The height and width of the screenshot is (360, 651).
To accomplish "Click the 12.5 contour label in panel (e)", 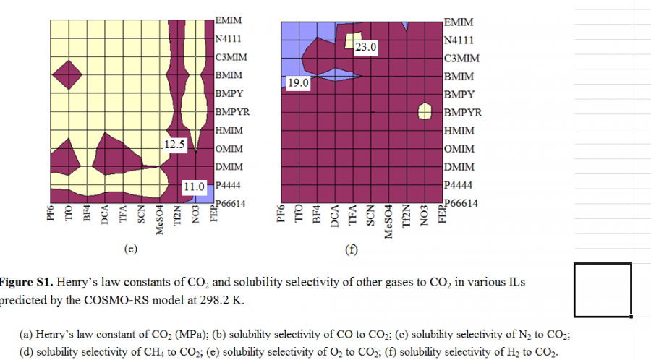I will point(175,145).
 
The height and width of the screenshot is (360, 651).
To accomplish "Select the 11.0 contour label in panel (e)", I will point(193,186).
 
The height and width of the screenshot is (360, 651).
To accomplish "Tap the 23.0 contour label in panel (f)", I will point(366,48).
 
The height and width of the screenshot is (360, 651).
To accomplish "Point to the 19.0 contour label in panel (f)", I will point(298,83).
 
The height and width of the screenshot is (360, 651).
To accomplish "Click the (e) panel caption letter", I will point(130,250).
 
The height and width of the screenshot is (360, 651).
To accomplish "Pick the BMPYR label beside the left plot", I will point(231,112).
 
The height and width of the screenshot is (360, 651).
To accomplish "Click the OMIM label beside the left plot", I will point(229,149).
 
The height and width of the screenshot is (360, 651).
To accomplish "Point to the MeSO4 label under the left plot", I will point(160,219).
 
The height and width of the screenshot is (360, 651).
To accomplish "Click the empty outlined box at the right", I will point(603,290).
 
